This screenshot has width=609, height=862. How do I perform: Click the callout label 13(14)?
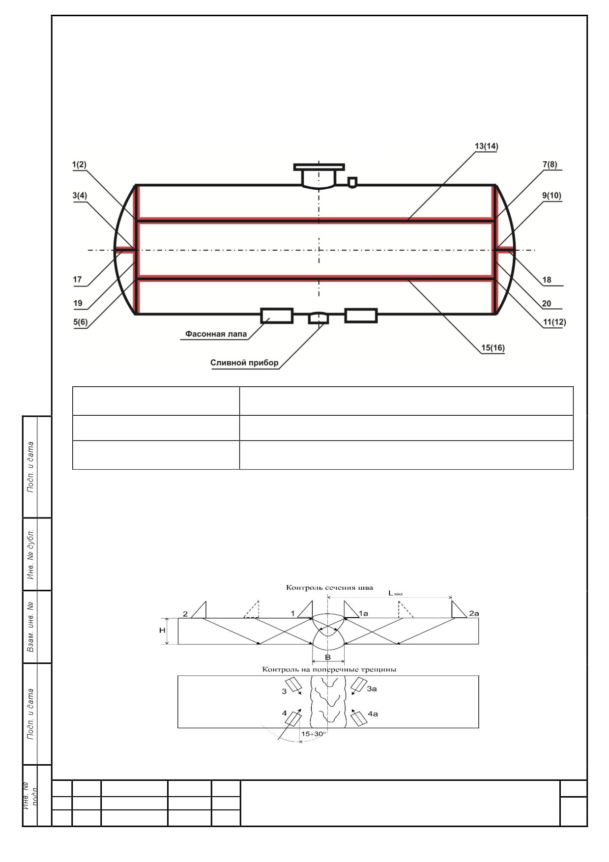point(486,146)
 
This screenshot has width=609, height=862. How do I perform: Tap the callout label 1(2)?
point(79,165)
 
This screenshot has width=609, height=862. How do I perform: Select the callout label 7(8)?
point(550,165)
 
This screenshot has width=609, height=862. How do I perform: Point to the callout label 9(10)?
point(551,195)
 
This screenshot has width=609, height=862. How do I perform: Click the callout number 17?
point(77,280)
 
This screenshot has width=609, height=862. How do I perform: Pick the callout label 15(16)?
point(493,348)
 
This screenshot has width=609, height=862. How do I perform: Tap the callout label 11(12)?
point(554,322)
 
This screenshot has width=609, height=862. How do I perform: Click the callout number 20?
point(547,304)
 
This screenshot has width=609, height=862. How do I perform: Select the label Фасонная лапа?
point(216,334)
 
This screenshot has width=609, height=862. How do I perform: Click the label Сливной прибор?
point(244,363)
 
